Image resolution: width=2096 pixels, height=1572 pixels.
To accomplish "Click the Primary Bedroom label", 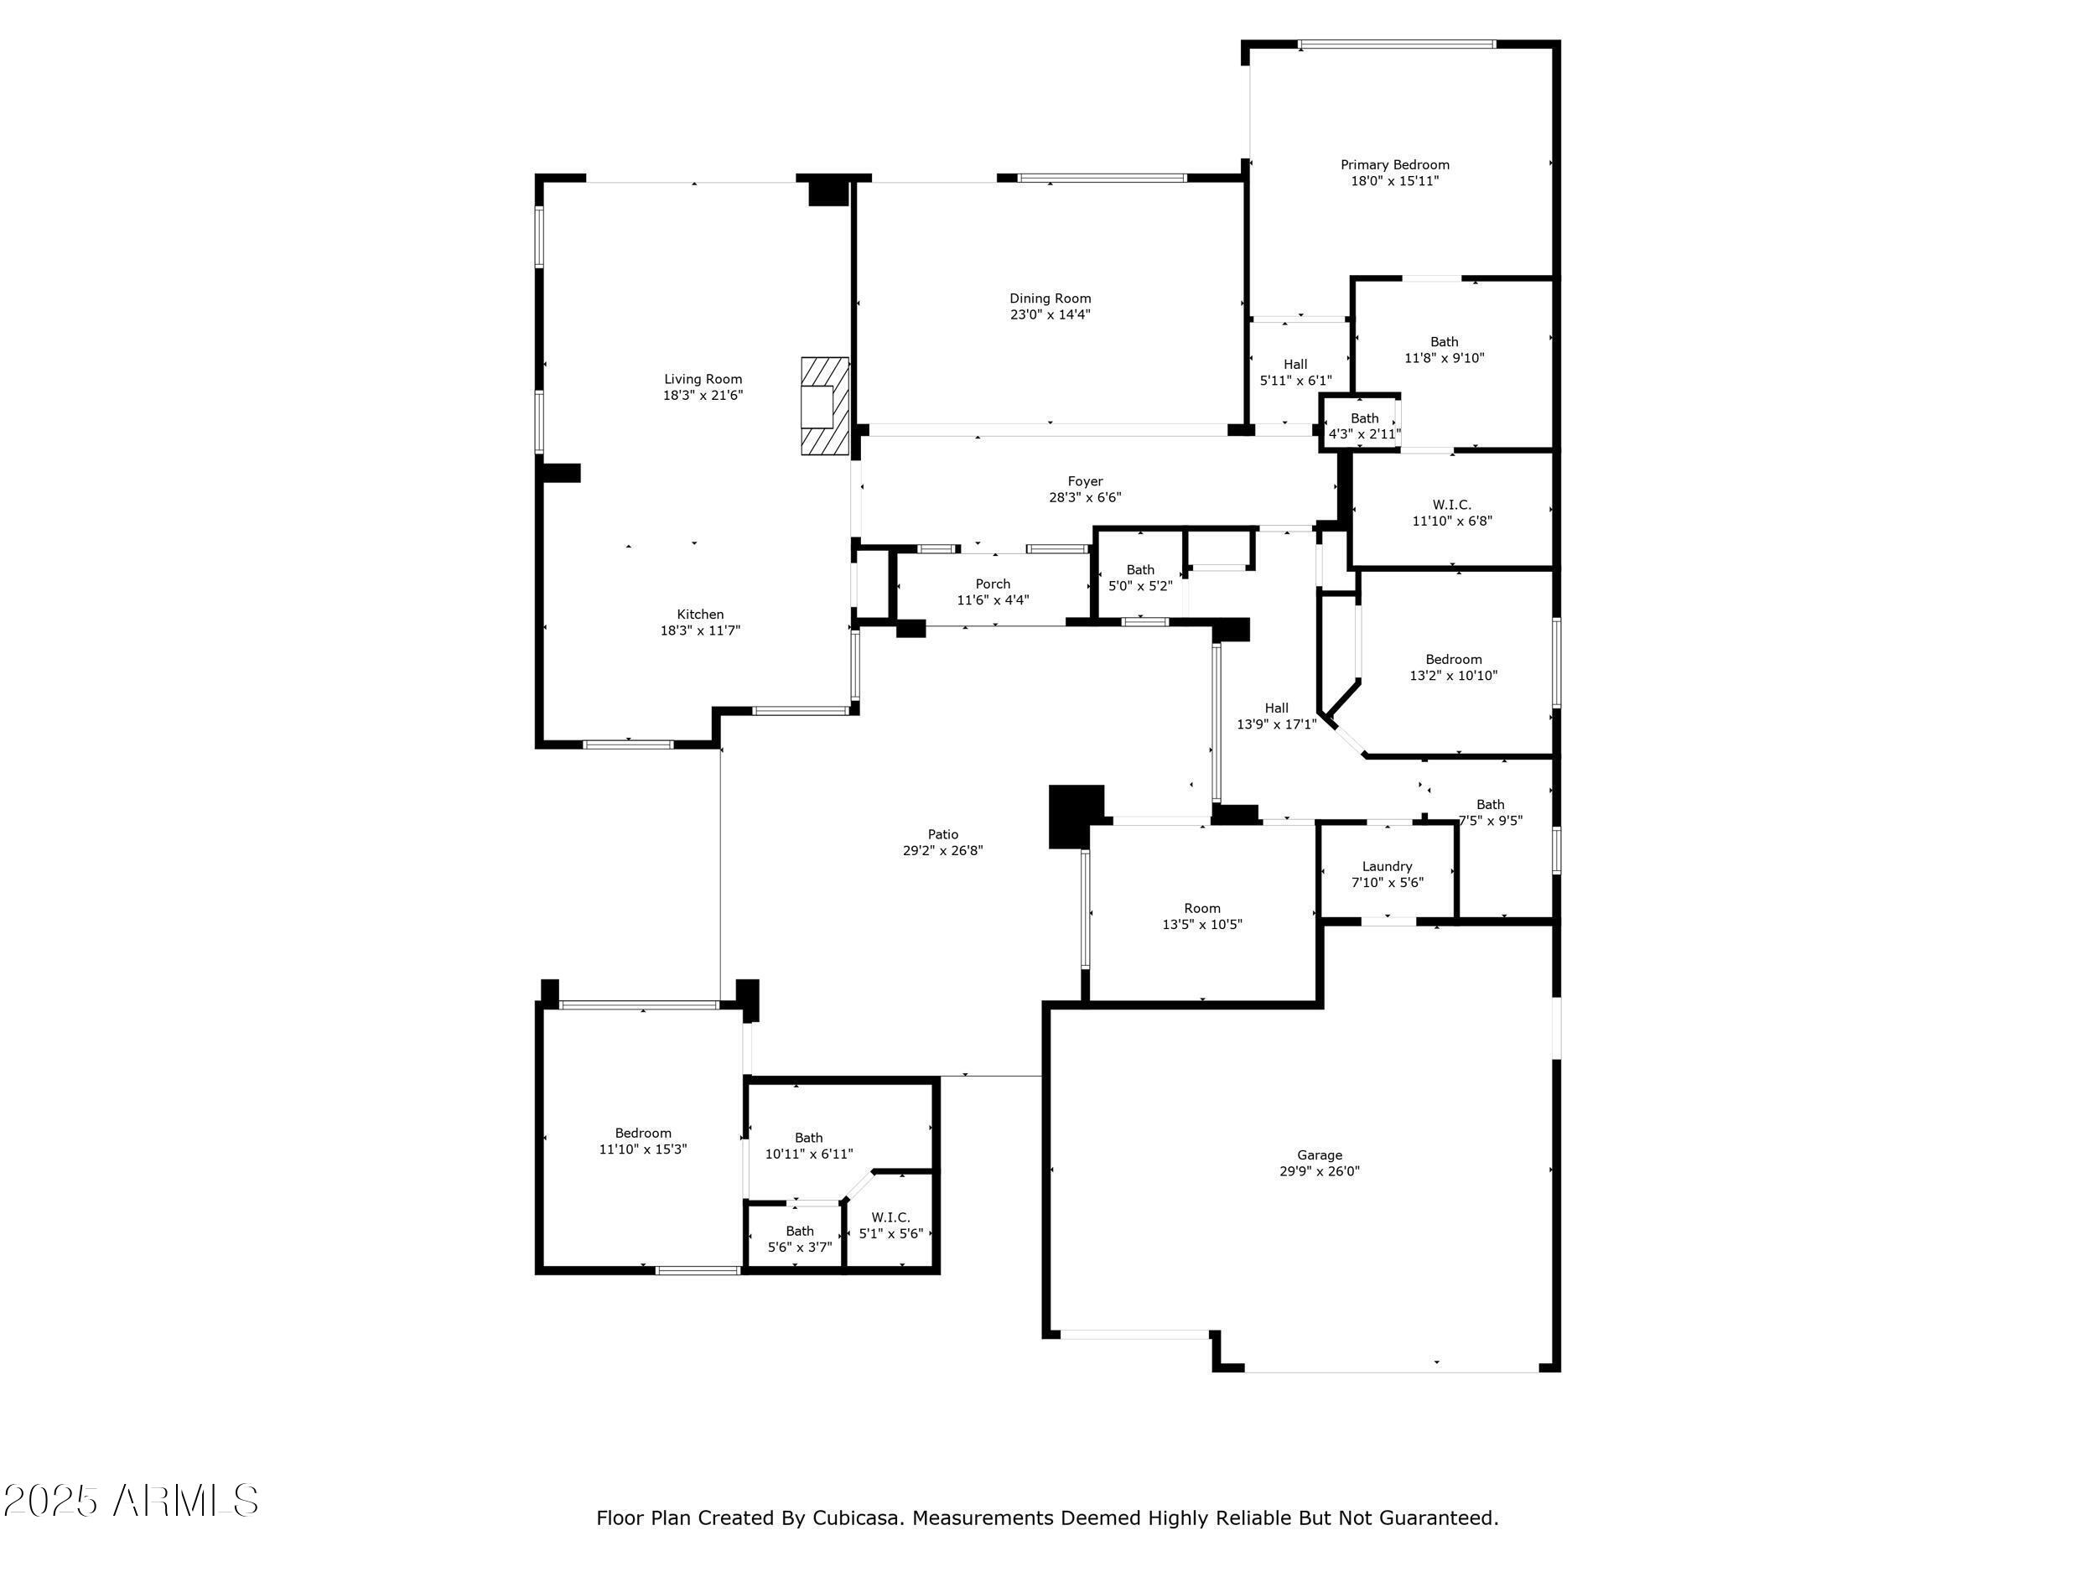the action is click(1395, 165).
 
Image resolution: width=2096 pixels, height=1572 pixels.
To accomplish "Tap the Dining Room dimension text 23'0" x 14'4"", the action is click(1050, 314).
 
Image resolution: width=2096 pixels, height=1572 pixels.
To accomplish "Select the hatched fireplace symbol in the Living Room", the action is click(824, 406).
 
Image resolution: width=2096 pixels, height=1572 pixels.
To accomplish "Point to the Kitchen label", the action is click(700, 614).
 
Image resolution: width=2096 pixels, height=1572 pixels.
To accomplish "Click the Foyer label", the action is click(1085, 481).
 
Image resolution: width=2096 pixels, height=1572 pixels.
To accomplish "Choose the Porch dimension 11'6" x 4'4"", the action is click(993, 599).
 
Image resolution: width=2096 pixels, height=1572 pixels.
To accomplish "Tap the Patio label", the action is click(943, 835).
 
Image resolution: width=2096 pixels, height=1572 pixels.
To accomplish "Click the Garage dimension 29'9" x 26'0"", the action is click(1320, 1171).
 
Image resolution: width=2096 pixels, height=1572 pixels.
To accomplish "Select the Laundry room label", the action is click(1388, 866).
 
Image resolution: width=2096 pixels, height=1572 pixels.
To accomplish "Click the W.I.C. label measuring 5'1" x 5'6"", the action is click(890, 1217).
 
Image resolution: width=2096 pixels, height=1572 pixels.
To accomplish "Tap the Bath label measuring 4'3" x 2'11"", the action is click(1364, 418).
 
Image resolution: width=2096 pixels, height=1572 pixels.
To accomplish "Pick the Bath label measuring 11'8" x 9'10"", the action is click(1444, 342).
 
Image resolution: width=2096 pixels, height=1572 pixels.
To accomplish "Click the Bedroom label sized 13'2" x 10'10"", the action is click(1454, 660).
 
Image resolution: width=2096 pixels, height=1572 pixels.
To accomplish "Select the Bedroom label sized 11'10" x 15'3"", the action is click(643, 1134).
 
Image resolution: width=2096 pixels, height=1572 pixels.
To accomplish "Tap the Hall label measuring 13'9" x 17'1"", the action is click(1276, 708).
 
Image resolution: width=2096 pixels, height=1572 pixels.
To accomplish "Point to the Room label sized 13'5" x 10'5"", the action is click(1202, 908).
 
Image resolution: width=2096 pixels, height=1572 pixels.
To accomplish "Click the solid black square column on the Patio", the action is click(1077, 816).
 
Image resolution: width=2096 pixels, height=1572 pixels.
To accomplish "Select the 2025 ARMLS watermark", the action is click(131, 1501).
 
